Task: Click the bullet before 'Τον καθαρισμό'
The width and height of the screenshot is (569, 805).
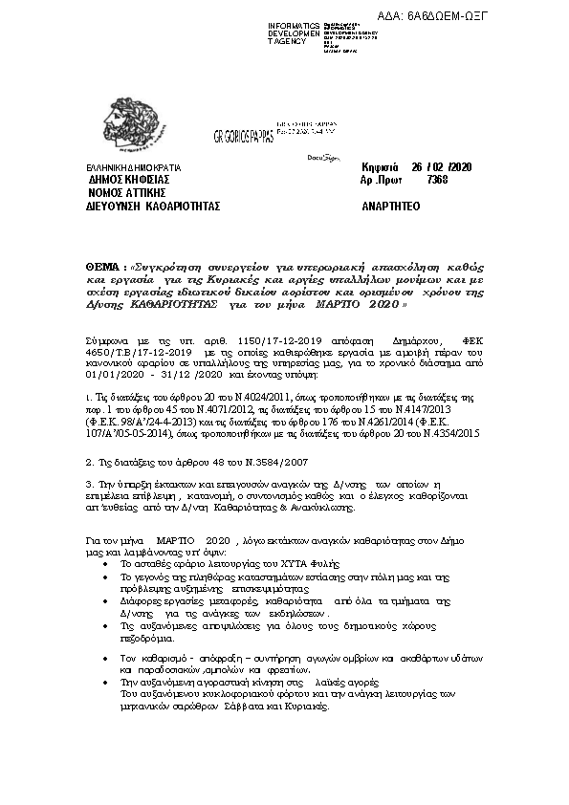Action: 104,660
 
